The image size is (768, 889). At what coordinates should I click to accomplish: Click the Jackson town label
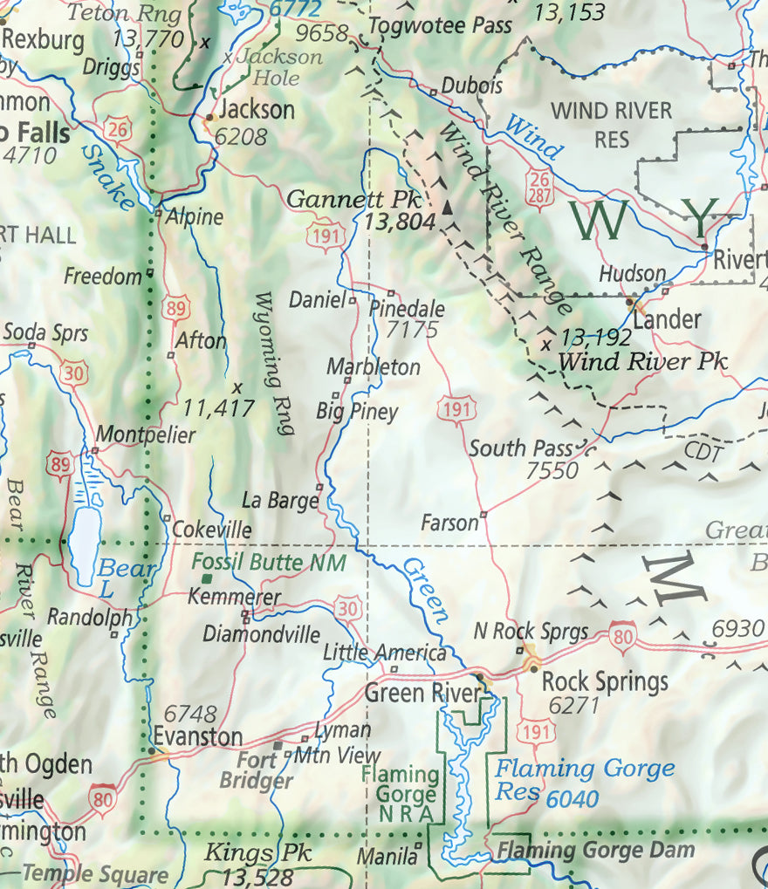pyautogui.click(x=256, y=110)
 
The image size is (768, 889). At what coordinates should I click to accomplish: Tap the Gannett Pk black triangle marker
pyautogui.click(x=448, y=208)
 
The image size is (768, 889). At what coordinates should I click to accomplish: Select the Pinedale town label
pyautogui.click(x=407, y=309)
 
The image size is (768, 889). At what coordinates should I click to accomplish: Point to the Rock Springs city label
pyautogui.click(x=605, y=680)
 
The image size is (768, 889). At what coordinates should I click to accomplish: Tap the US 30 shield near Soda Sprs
pyautogui.click(x=74, y=373)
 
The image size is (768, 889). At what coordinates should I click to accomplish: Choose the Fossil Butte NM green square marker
pyautogui.click(x=207, y=578)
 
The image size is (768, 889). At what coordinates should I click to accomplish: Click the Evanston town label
pyautogui.click(x=197, y=736)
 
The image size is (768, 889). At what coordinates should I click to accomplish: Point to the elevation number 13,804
pyautogui.click(x=399, y=222)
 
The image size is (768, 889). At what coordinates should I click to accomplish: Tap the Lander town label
pyautogui.click(x=667, y=319)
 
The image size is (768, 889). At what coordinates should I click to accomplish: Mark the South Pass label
pyautogui.click(x=521, y=448)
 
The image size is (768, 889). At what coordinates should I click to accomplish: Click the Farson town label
pyautogui.click(x=449, y=523)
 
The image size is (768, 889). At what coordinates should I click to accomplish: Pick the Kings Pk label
pyautogui.click(x=257, y=852)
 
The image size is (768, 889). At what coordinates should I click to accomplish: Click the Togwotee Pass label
pyautogui.click(x=440, y=25)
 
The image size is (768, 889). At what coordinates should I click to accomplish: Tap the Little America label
pyautogui.click(x=384, y=653)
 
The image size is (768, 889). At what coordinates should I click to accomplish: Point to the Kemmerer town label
pyautogui.click(x=235, y=598)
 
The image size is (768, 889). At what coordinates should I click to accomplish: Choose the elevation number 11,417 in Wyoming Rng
pyautogui.click(x=218, y=407)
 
